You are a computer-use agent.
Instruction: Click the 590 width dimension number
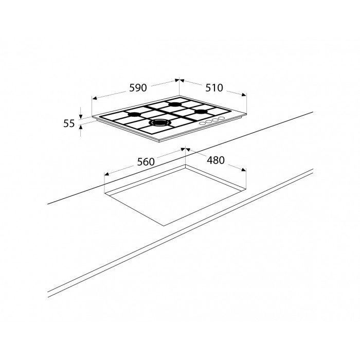pos(138,88)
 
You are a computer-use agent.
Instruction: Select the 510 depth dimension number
pos(214,88)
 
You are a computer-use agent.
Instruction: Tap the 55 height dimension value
pos(69,124)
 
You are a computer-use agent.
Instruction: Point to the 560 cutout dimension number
pos(146,162)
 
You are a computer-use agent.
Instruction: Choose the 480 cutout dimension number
pos(215,160)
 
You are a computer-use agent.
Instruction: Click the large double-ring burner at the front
pos(160,123)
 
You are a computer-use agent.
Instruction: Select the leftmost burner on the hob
pos(134,114)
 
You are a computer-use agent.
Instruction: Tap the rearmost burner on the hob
pos(175,104)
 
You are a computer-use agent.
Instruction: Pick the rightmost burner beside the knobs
pos(202,112)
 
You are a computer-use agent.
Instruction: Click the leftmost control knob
pos(202,123)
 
